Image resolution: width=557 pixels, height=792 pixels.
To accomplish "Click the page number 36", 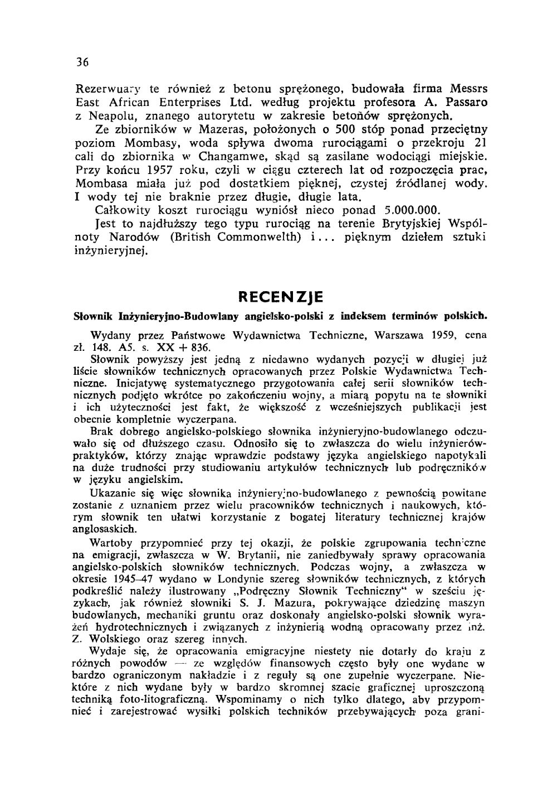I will pos(82,62).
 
